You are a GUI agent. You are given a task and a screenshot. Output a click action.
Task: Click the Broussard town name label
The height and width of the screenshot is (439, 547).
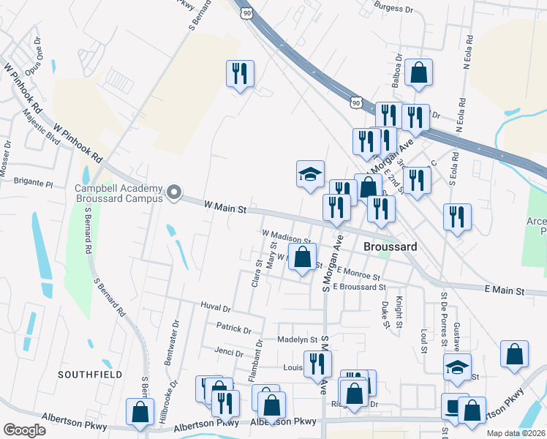coord(391,247)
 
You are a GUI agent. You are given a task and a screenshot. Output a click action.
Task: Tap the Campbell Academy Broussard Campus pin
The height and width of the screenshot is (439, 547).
coord(173,192)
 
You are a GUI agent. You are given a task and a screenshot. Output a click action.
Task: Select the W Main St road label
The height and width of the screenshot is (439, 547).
coord(224,209)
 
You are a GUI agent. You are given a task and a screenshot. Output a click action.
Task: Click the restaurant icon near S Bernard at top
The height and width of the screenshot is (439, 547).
coord(240,74)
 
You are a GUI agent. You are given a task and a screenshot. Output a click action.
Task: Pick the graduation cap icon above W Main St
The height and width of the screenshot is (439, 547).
coord(310,174)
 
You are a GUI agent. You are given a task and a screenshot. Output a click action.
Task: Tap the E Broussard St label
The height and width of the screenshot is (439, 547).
coord(358,287)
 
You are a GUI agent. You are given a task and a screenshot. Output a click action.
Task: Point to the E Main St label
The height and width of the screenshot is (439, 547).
coord(505,290)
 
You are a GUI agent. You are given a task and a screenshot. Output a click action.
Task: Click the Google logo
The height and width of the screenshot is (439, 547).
coord(24,430)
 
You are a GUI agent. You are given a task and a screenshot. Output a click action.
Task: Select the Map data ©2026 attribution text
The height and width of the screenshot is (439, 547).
coord(516,433)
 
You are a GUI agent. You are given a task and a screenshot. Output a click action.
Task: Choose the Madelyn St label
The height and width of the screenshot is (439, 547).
coord(297,339)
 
